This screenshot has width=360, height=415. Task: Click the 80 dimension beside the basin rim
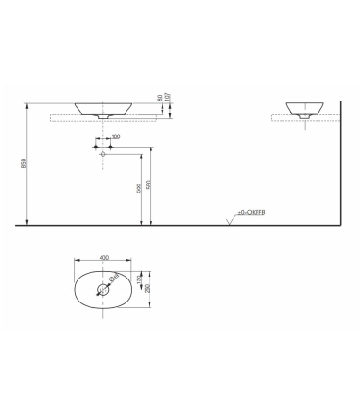click(x=160, y=97)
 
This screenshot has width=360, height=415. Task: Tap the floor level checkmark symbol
click(x=229, y=219)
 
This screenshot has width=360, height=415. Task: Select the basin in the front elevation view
click(x=101, y=107)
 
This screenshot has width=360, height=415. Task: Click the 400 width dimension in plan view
click(x=103, y=258)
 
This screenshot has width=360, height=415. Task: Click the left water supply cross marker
click(x=95, y=146)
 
